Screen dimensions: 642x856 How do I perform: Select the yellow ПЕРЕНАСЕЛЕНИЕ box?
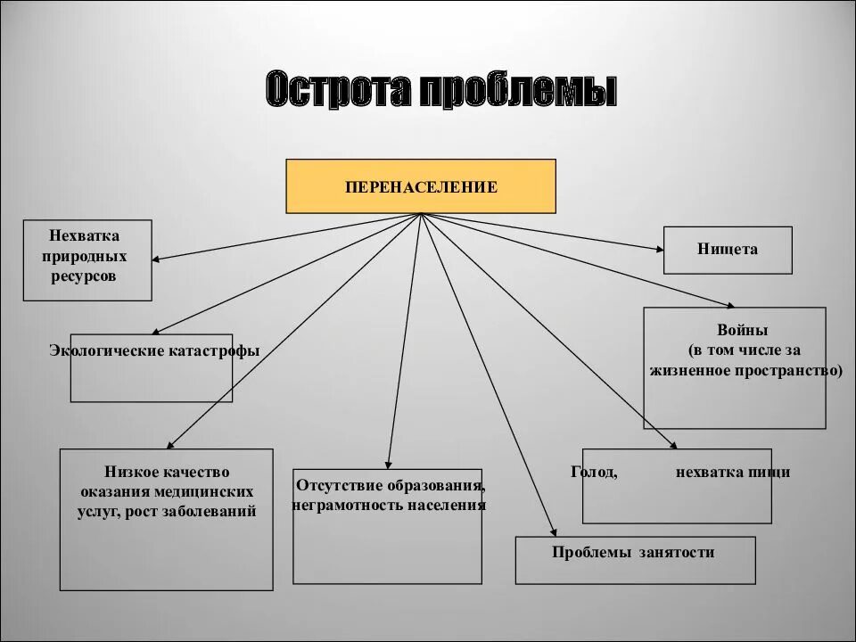click(421, 186)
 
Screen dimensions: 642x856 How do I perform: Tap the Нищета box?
click(728, 250)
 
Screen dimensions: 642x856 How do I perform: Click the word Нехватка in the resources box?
click(85, 235)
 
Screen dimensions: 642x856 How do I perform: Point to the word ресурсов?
click(86, 276)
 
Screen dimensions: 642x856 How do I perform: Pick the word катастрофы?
click(214, 351)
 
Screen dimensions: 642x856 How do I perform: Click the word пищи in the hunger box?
click(772, 472)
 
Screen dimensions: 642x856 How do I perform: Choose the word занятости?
click(677, 553)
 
